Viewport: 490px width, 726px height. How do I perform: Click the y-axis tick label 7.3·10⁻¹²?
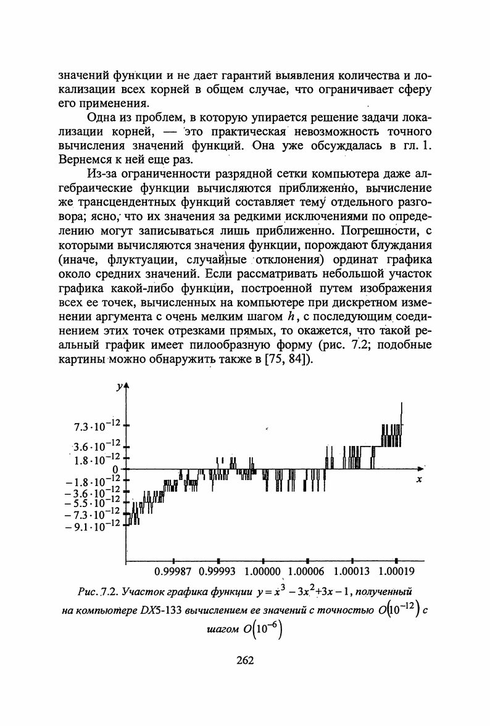pos(95,426)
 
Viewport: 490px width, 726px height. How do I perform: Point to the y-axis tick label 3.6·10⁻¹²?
pos(95,446)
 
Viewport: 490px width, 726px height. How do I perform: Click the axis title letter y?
pos(118,387)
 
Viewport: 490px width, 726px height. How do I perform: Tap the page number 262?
pos(245,660)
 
